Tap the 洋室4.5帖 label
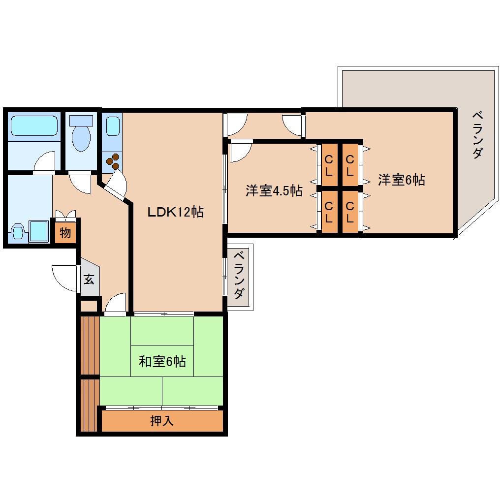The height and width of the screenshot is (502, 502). click(274, 190)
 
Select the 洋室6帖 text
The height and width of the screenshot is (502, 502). click(401, 180)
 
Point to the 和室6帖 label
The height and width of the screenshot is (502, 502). click(162, 362)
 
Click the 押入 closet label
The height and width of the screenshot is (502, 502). click(162, 421)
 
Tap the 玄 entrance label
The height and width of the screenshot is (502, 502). click(89, 280)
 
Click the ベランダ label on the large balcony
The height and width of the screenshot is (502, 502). click(476, 135)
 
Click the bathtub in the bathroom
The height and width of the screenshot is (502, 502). click(34, 126)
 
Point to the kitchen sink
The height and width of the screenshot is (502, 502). click(113, 126)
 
